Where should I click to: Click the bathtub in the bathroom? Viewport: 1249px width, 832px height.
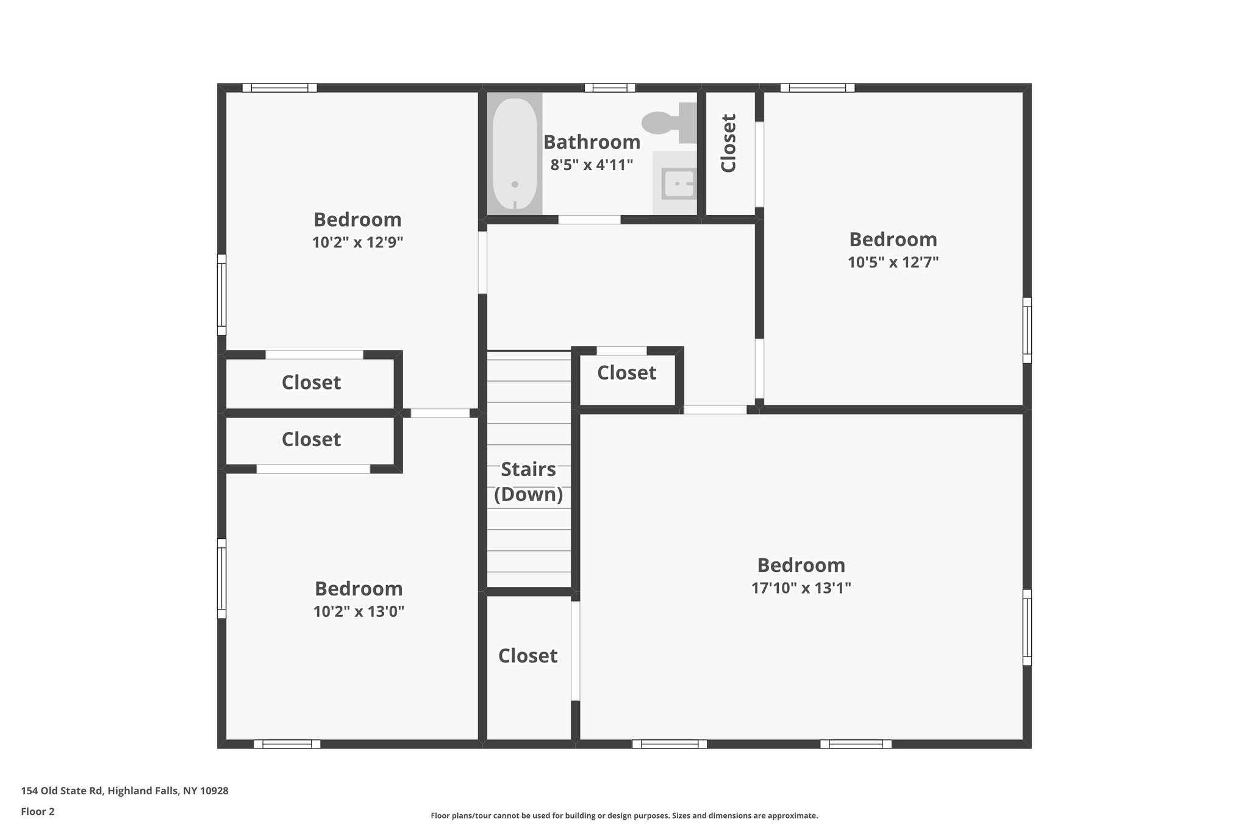click(515, 154)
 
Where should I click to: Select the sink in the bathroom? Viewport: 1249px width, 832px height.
click(678, 183)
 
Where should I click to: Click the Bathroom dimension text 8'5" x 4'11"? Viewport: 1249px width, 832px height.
click(592, 165)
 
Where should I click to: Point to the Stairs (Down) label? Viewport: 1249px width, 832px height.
click(528, 482)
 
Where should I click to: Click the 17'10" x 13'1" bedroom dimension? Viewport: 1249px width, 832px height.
click(801, 588)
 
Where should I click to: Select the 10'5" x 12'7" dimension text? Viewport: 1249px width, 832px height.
click(893, 263)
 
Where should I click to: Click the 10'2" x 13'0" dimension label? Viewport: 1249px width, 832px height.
click(359, 611)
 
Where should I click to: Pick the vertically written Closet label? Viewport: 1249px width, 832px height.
click(729, 143)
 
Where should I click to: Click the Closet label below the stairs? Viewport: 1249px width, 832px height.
click(528, 656)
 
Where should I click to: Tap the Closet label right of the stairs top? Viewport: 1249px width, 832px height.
click(626, 373)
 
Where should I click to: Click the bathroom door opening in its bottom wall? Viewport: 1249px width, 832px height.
click(589, 219)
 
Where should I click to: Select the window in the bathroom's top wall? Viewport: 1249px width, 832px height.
click(610, 88)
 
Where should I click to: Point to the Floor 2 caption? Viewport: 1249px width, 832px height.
click(38, 811)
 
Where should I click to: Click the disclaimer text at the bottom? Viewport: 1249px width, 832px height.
click(624, 816)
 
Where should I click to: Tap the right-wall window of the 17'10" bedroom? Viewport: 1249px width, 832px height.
click(1027, 627)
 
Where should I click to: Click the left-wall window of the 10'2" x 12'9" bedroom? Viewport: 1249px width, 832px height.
click(222, 295)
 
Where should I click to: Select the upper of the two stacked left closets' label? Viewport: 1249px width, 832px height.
click(311, 383)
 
